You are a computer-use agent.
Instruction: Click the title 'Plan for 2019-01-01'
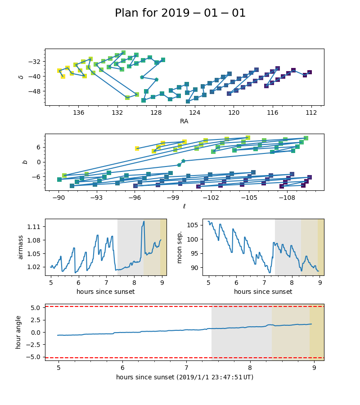click(x=180, y=13)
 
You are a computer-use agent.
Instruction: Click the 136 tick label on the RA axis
click(x=79, y=112)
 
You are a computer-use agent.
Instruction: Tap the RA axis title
click(x=184, y=121)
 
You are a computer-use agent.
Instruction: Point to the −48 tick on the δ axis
click(x=36, y=91)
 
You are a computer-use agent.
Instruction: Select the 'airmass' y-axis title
click(x=20, y=247)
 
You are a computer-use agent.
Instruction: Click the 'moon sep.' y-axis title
click(x=180, y=247)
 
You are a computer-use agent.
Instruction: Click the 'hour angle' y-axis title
click(x=18, y=332)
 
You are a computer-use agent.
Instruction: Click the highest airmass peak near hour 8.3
click(x=144, y=221)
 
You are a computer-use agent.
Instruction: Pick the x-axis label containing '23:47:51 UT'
click(x=184, y=377)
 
